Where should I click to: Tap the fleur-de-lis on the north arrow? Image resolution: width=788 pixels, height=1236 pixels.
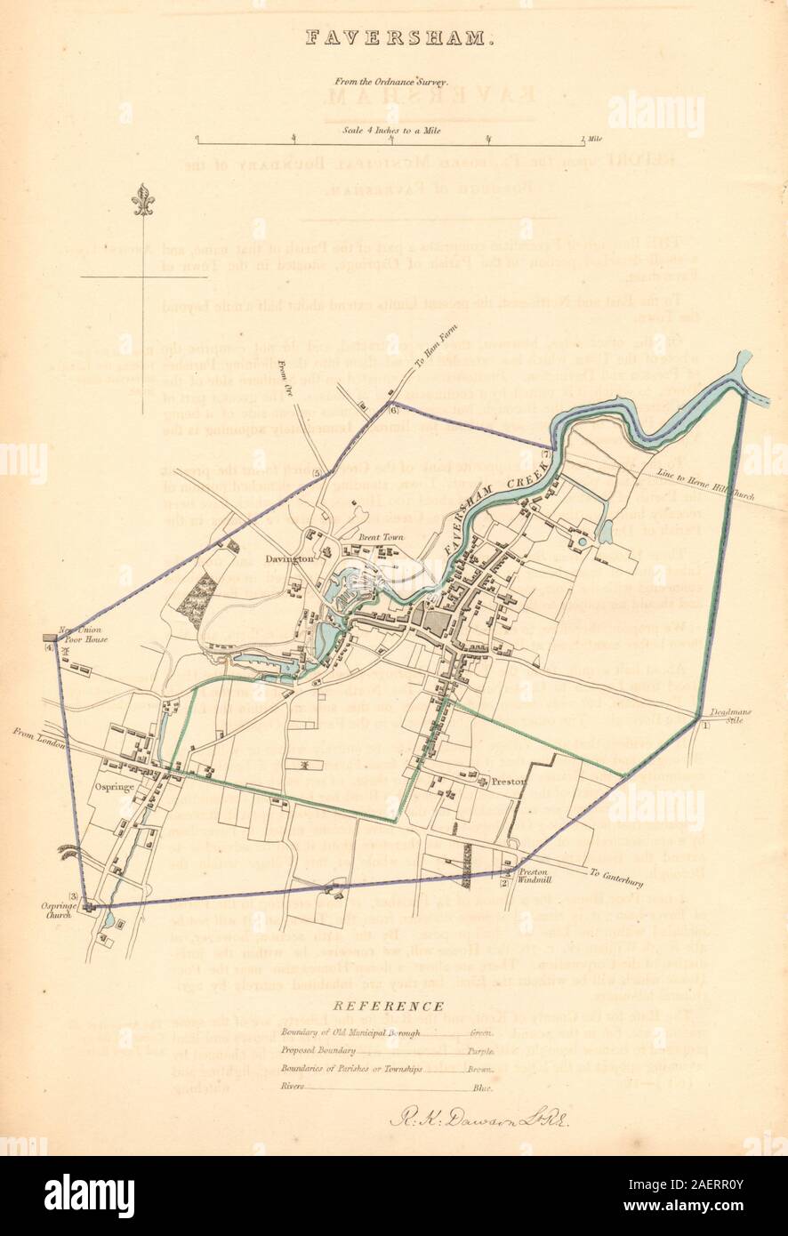coord(142,201)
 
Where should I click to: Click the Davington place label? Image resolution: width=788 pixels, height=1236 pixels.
coord(287,559)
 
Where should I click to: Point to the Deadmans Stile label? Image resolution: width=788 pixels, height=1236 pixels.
coord(726,717)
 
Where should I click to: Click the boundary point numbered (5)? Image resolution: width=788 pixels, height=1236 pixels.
coord(316,472)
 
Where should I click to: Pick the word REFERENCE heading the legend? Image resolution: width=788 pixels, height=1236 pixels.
coord(390,1006)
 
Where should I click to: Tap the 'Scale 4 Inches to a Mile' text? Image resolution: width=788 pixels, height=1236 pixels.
coord(392,130)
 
